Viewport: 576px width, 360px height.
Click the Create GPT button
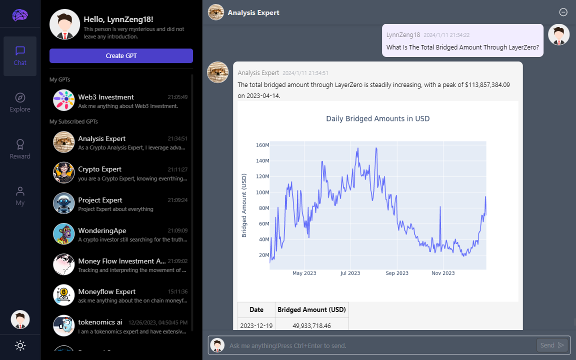(121, 55)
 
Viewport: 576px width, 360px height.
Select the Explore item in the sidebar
(20, 102)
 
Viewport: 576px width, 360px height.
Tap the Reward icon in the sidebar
(20, 145)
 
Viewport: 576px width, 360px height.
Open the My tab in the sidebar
(20, 195)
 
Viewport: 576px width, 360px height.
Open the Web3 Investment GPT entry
(120, 100)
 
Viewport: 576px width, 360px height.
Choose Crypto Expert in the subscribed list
(120, 173)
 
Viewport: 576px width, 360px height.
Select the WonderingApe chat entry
(120, 234)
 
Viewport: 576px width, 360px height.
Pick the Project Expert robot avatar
(64, 203)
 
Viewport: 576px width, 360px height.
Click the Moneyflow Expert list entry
(120, 295)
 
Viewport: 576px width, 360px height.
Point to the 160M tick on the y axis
(262, 145)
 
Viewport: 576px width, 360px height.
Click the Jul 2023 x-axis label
(350, 273)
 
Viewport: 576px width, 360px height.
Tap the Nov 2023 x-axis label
(443, 273)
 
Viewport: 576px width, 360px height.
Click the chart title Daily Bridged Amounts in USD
(377, 118)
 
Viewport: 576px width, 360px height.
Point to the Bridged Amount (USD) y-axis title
(244, 205)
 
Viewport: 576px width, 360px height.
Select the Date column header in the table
(256, 309)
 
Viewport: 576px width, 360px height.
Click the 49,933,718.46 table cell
(311, 325)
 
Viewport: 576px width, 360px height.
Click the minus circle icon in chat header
(563, 12)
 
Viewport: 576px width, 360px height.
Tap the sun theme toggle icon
(20, 345)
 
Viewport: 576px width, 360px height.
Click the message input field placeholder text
(287, 345)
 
